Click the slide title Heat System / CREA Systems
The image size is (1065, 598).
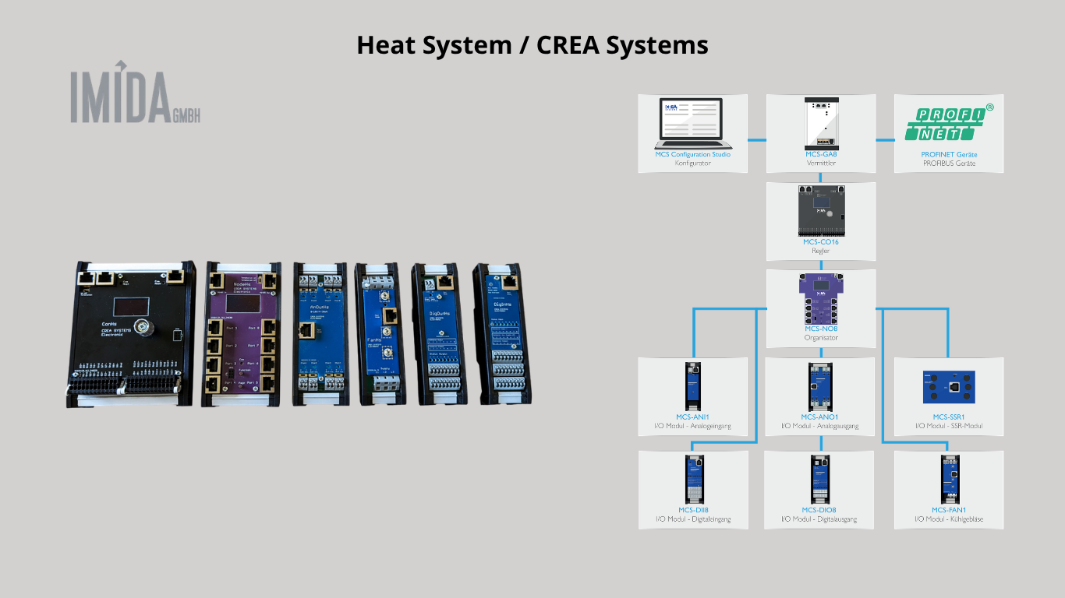(x=532, y=45)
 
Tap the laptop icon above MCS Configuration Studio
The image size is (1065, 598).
(x=693, y=123)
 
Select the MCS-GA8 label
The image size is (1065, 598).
(x=821, y=154)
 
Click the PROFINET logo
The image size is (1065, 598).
(x=949, y=123)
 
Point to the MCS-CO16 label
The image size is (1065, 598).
(x=821, y=242)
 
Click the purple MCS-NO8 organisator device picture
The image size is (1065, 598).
(x=821, y=299)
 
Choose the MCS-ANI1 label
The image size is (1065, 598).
(x=692, y=417)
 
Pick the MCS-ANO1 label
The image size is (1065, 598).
(x=821, y=417)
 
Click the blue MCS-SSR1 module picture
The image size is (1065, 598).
(x=949, y=387)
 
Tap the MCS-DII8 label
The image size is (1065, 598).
(x=692, y=510)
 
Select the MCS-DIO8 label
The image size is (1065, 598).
(x=821, y=510)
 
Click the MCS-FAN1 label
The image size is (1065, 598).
(x=949, y=510)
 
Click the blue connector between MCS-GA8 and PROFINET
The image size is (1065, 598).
(x=885, y=140)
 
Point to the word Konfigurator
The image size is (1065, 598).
(x=692, y=164)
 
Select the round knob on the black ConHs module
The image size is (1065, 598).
(x=143, y=326)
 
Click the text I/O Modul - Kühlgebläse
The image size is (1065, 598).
(x=949, y=519)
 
